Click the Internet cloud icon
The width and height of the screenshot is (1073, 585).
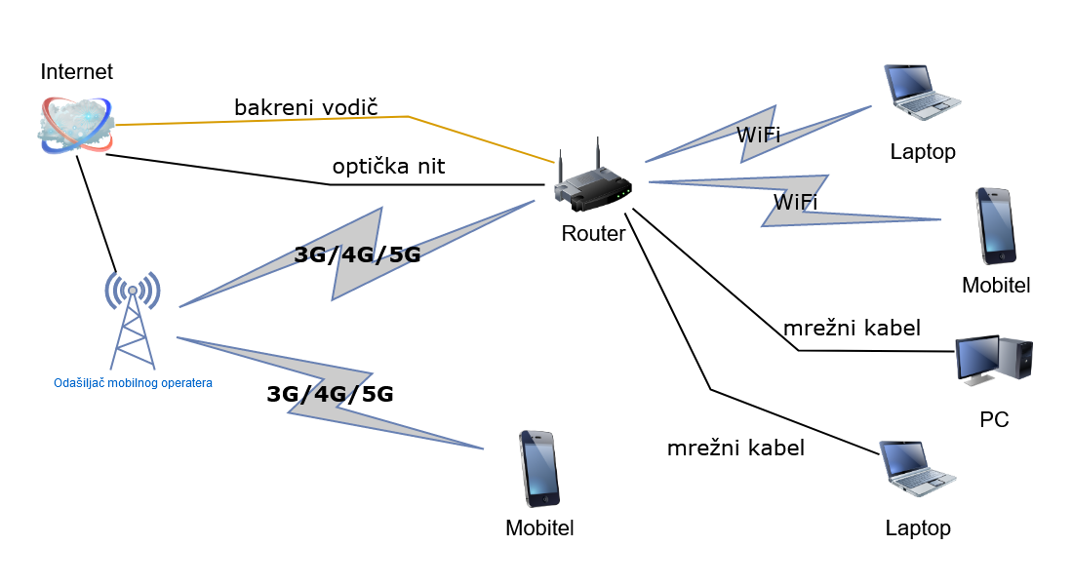pos(76,124)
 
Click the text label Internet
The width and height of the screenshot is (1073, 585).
pos(76,72)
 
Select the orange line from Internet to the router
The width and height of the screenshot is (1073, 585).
pos(293,119)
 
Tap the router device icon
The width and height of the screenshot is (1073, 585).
pos(591,184)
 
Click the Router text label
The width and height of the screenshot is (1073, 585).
pos(593,234)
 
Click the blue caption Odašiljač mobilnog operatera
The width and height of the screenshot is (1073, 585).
pos(133,383)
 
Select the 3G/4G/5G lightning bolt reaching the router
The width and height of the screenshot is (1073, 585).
pos(356,255)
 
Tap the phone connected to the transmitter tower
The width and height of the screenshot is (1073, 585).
pos(537,469)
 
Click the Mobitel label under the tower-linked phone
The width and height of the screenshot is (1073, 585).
pos(539,528)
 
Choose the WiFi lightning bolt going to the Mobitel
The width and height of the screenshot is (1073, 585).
pos(795,202)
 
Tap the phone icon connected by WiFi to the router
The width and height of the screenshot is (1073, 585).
pos(995,226)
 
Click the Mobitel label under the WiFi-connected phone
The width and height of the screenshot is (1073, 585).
pos(996,286)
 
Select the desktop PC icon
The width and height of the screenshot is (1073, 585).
pos(993,359)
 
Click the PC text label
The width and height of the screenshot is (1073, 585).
pos(994,420)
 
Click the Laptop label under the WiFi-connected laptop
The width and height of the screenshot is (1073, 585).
pos(923,152)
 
